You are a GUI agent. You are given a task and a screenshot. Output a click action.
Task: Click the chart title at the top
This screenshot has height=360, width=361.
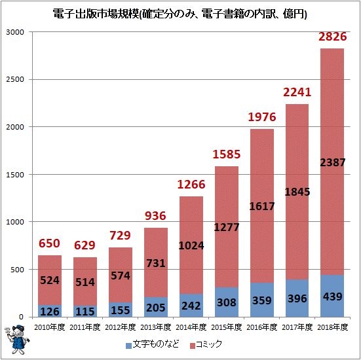point(180,14)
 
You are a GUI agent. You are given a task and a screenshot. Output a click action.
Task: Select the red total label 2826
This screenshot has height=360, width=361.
point(332,37)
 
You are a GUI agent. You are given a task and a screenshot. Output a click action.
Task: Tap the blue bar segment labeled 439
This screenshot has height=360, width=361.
point(332,296)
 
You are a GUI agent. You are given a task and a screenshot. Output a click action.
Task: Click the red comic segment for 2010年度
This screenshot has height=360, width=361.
point(50,280)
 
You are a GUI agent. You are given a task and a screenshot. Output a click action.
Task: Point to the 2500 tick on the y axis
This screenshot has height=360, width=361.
point(15,79)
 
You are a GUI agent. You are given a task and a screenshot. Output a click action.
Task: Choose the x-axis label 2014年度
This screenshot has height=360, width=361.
point(191,327)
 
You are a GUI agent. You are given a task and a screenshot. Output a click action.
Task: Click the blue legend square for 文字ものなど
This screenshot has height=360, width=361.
point(128,346)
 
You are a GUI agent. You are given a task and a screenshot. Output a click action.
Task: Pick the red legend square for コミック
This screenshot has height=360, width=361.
point(192,346)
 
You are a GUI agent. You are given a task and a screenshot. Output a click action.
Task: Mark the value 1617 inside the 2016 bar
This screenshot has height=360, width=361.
point(262,206)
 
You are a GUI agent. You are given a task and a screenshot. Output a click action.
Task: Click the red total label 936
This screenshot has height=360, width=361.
point(155,216)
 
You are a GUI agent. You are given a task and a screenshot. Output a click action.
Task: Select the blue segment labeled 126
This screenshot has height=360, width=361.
point(50,311)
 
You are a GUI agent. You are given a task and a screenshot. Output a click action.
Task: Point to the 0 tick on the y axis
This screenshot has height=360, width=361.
point(21,317)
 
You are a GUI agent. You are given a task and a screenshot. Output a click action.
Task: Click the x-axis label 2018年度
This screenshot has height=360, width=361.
point(332,327)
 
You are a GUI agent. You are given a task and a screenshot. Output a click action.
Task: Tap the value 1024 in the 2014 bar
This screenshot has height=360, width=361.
point(191,245)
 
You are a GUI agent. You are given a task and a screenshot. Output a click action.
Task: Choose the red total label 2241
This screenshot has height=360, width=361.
point(297,92)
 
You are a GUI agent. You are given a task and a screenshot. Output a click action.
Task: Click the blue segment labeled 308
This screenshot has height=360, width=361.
point(227,302)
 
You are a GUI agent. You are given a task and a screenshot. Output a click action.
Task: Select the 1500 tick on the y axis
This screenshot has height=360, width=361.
point(15,175)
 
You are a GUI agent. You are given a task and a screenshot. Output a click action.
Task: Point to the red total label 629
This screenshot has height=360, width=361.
point(85,245)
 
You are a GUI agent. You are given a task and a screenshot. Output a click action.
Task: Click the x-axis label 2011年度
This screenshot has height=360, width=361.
point(85,327)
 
